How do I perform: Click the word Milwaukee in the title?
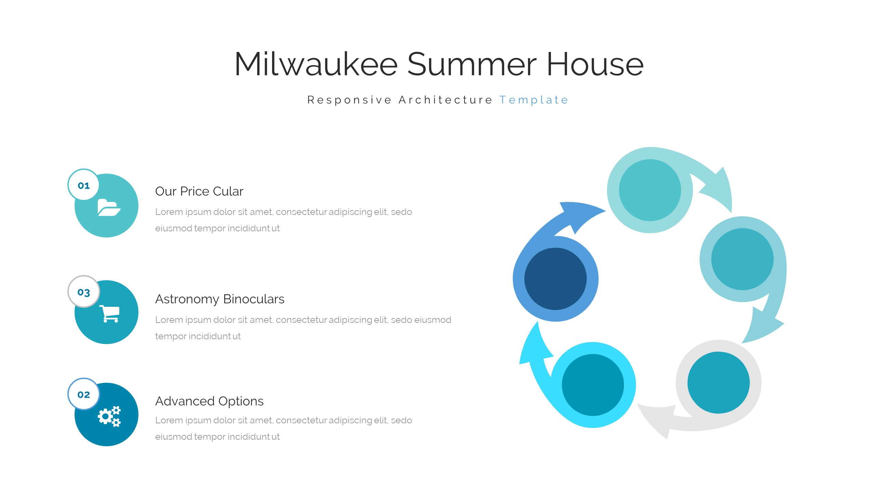tap(316, 64)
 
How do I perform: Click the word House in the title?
tap(595, 64)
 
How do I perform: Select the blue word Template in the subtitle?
tap(534, 100)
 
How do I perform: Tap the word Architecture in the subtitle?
tap(445, 100)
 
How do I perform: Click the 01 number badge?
tap(84, 185)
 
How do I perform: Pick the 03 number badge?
tap(84, 292)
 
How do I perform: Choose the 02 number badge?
tap(84, 394)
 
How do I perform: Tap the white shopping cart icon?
tap(109, 314)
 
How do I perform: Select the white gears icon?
tap(109, 416)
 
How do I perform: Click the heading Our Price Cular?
tap(199, 191)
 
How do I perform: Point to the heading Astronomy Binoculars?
tap(220, 299)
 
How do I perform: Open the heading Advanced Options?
tap(210, 401)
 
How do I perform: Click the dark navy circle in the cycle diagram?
tap(555, 279)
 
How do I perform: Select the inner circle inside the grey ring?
tap(718, 383)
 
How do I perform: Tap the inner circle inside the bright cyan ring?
tap(593, 385)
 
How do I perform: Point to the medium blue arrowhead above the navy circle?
tap(581, 215)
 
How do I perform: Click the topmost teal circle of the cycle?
tap(650, 190)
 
